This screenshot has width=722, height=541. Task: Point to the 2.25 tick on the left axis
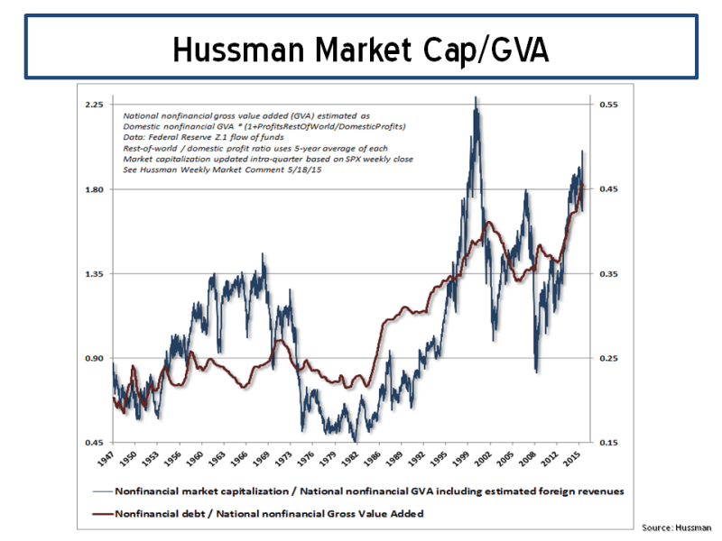click(x=94, y=105)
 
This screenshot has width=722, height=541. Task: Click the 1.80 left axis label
click(x=94, y=189)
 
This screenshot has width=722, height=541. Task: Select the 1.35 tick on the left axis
click(x=94, y=274)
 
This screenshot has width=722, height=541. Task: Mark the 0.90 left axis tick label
click(x=94, y=359)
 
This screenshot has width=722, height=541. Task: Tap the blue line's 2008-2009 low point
click(x=536, y=371)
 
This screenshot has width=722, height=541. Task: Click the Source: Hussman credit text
click(x=676, y=527)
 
